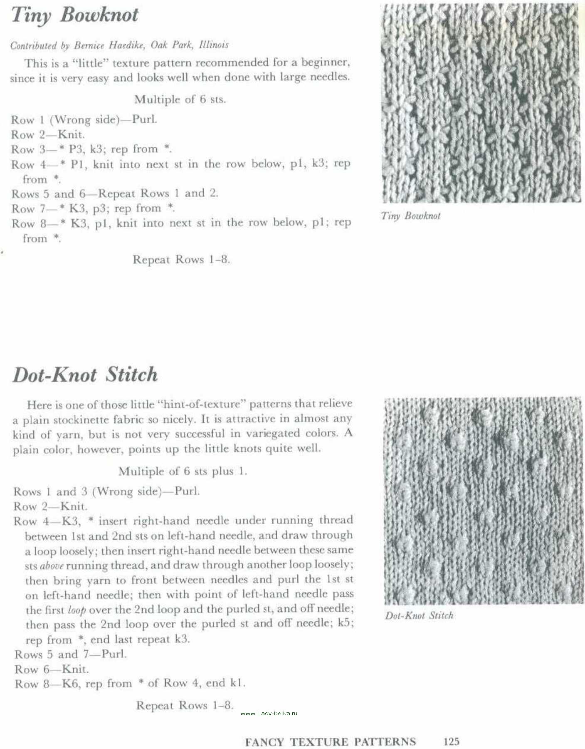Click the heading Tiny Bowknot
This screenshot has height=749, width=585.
coord(75,15)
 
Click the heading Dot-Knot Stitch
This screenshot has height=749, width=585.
coord(85,374)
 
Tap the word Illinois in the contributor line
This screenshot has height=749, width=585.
coord(214,45)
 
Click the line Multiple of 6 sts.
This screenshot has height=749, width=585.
coord(180,99)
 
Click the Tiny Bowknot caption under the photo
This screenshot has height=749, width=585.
coord(410,216)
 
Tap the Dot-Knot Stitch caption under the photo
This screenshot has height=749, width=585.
coord(419,615)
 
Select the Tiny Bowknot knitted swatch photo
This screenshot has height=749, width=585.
coord(480,103)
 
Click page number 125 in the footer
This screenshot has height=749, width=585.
coord(451,741)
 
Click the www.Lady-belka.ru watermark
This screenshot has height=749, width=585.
coord(269,713)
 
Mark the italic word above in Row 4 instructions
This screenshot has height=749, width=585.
coord(52,566)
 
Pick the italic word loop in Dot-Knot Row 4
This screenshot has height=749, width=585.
coord(77,610)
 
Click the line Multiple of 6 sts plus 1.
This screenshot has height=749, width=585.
coord(183,471)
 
